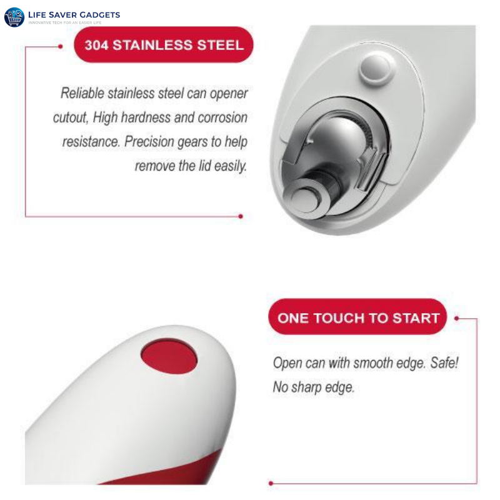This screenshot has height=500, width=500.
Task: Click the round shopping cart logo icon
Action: click(14, 17)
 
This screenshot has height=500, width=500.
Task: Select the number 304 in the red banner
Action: click(97, 45)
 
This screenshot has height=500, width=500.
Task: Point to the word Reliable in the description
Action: click(82, 94)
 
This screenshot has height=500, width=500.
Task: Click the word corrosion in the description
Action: click(222, 117)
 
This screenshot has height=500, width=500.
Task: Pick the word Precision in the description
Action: click(151, 142)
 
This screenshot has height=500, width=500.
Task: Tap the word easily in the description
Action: click(229, 166)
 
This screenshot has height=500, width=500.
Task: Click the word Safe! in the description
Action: click(444, 363)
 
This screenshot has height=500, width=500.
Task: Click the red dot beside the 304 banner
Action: click(61, 46)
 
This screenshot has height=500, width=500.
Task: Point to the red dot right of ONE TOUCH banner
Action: click(457, 317)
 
